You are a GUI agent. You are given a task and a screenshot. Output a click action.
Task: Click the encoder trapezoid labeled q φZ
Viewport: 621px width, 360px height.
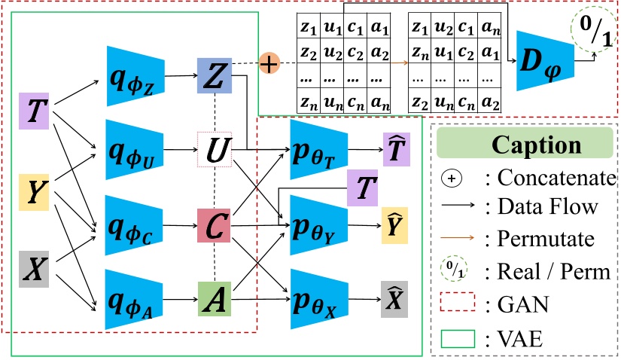pyautogui.click(x=135, y=75)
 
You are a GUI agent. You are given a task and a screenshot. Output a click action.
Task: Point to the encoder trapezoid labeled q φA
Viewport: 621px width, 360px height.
pyautogui.click(x=135, y=299)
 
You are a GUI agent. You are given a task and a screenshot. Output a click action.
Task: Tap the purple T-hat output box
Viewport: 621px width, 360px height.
pyautogui.click(x=394, y=150)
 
